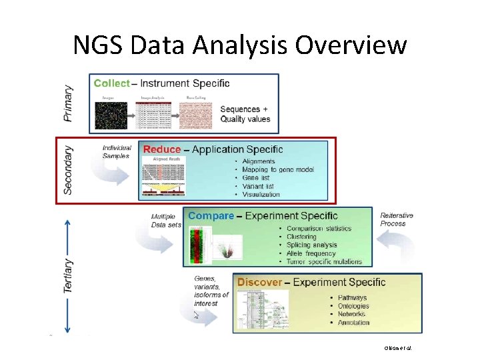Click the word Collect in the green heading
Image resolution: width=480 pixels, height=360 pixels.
(x=112, y=83)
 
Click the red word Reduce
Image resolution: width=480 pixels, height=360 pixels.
(x=162, y=149)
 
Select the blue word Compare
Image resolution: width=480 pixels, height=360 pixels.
(x=211, y=216)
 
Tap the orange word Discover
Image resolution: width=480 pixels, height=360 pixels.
(x=259, y=282)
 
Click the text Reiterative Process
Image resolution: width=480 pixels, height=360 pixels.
(x=397, y=219)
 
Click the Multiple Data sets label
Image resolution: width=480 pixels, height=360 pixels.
(x=166, y=221)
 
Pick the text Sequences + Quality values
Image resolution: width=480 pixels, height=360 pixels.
(x=245, y=114)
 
